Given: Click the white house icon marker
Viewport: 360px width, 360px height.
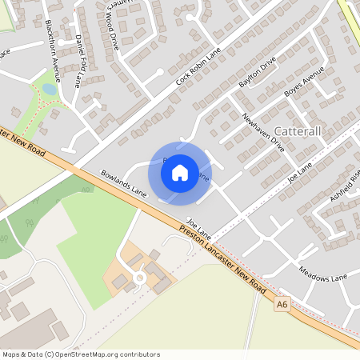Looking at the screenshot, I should pyautogui.click(x=180, y=173).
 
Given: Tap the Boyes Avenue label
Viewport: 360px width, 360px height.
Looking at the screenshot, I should pyautogui.click(x=305, y=84).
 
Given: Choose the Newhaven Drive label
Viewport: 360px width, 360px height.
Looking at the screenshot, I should pyautogui.click(x=263, y=132).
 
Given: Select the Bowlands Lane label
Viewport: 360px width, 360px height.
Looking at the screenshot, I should pyautogui.click(x=124, y=183).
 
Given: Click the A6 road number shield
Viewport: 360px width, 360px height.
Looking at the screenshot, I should pyautogui.click(x=281, y=304).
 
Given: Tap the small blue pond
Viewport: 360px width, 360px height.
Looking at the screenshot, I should pyautogui.click(x=50, y=90).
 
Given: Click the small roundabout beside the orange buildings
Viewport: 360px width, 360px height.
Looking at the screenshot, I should pyautogui.click(x=139, y=277).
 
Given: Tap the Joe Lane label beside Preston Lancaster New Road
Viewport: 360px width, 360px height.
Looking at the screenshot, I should pyautogui.click(x=198, y=222).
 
